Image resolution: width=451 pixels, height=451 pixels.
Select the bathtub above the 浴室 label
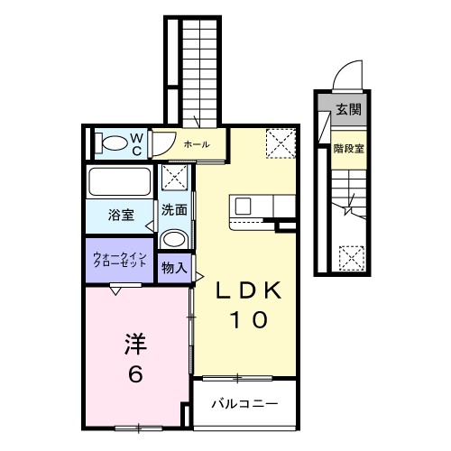coord(120,182)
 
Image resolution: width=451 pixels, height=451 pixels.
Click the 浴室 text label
coord(122,216)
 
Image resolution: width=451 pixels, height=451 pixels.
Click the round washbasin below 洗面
coord(174,239)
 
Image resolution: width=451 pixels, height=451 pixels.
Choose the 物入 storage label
coord(174,268)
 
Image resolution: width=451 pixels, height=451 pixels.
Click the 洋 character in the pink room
coord(134,344)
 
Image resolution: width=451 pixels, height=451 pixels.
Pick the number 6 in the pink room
coord(134,373)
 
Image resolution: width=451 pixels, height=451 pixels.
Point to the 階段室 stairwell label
coord(348,149)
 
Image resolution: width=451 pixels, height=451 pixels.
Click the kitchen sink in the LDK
coord(244,208)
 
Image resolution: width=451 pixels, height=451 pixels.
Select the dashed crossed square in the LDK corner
coord(281,143)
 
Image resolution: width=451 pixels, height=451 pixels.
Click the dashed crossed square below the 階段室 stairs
coord(350,257)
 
